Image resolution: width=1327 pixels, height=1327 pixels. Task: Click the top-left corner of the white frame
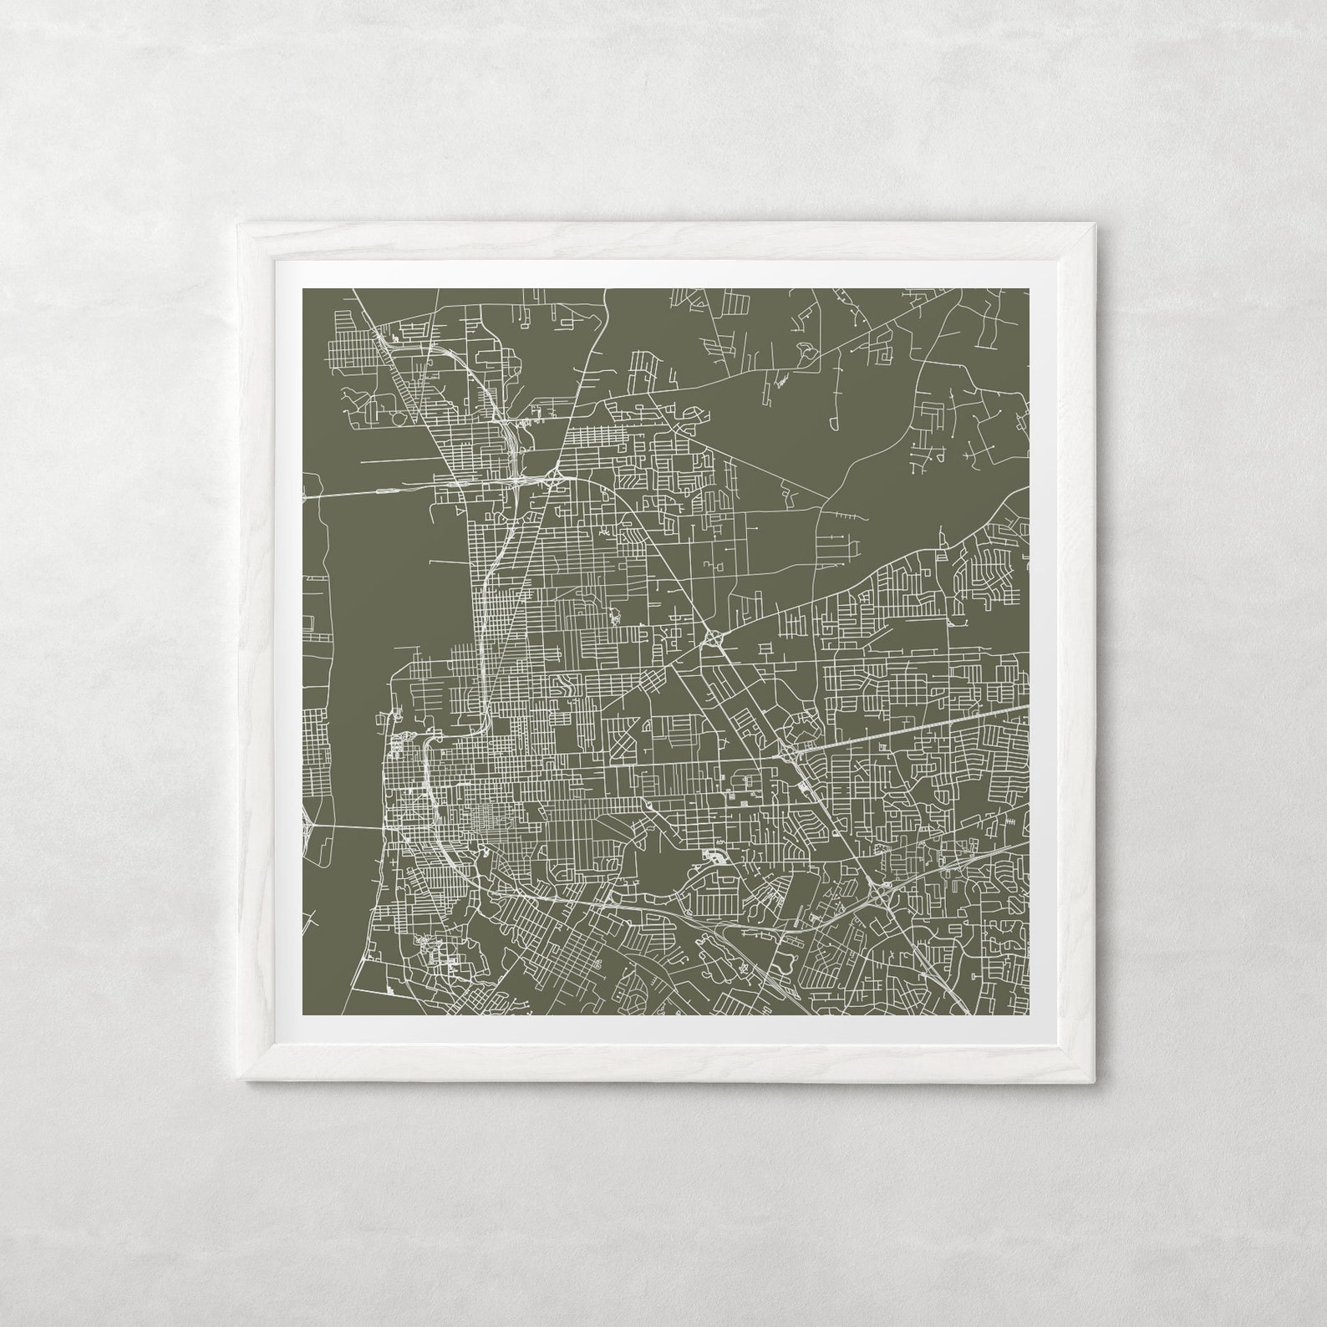238,222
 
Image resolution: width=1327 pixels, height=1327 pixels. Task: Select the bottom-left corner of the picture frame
238,1081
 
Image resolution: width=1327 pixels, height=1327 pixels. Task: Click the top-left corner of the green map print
302,288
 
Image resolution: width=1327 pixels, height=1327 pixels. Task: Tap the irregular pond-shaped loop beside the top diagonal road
781,383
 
